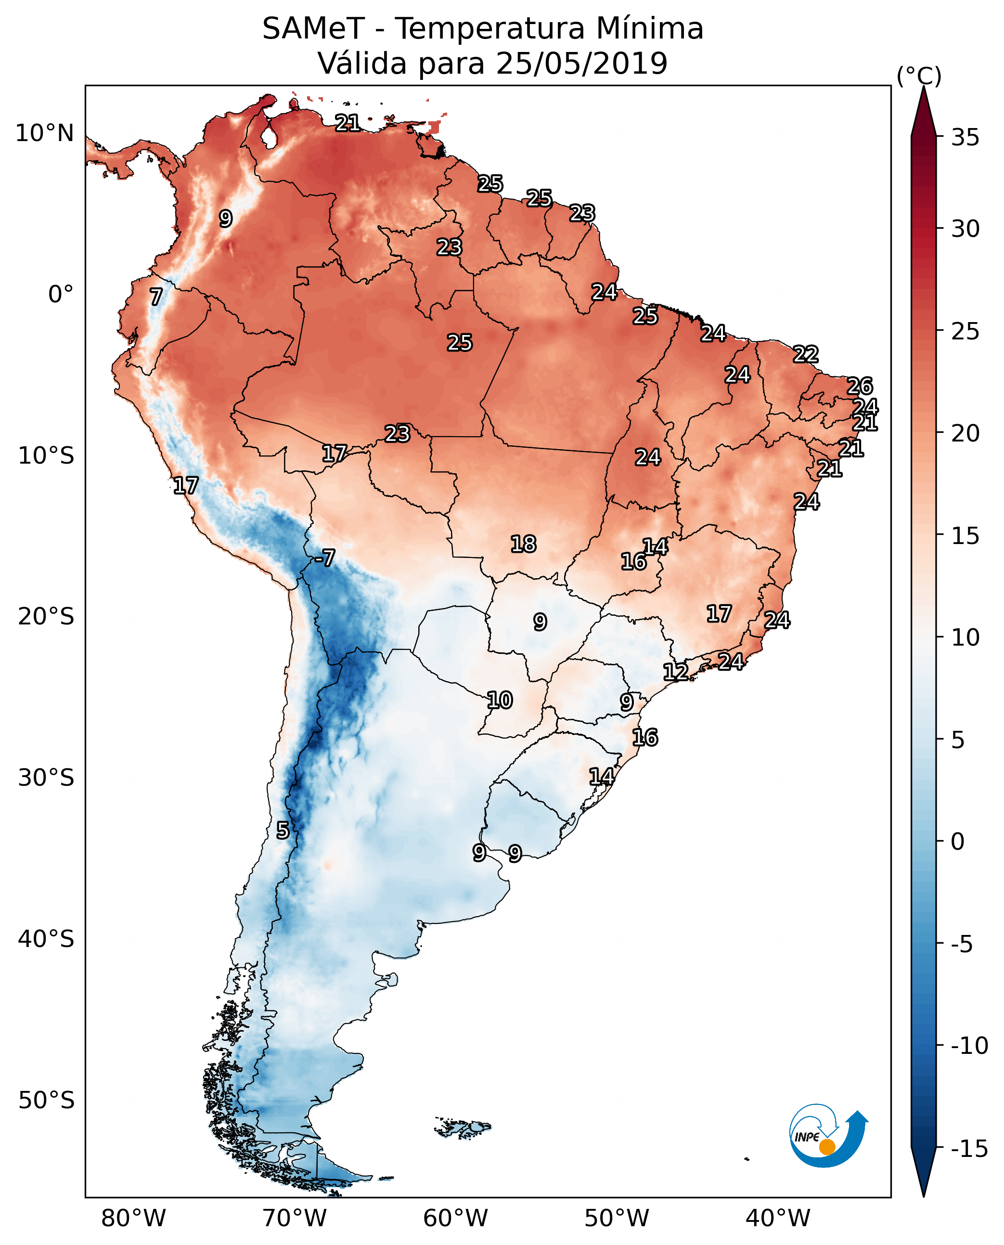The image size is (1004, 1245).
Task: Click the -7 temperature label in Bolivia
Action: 324,558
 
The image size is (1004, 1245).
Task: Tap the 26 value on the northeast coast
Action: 860,386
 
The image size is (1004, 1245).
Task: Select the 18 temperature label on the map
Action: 523,544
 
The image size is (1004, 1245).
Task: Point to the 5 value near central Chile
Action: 282,830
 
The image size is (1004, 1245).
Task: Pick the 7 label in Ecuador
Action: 156,297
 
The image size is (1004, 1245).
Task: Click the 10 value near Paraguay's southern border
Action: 499,700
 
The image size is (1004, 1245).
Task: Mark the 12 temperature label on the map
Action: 675,672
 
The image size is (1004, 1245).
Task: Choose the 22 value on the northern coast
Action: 806,354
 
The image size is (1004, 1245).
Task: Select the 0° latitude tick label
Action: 61,295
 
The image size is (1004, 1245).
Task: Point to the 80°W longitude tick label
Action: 134,1218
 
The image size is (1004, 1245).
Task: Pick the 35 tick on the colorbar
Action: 965,138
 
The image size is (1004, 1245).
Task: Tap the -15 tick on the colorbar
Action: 969,1148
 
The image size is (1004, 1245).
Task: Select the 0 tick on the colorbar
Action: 958,842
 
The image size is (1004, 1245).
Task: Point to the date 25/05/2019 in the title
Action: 581,63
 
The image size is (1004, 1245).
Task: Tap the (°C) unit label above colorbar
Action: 919,76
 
